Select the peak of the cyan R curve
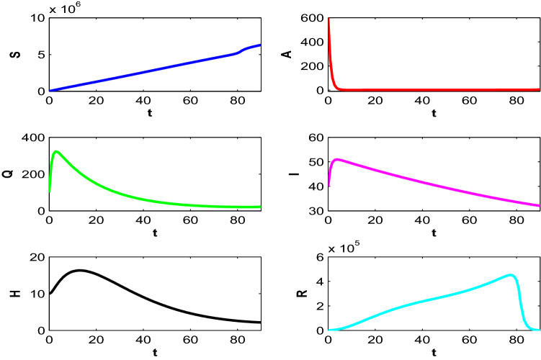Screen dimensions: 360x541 tap(510, 275)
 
